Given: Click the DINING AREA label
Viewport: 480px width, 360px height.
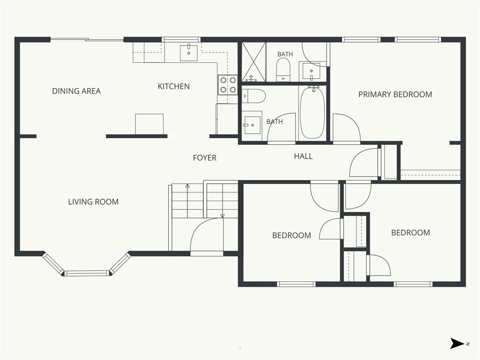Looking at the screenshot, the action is point(76,91).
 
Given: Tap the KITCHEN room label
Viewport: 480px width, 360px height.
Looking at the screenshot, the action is point(173,86).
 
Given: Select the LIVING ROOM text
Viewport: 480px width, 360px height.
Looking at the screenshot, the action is point(93,202).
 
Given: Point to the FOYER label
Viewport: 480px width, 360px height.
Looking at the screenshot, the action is point(204,157).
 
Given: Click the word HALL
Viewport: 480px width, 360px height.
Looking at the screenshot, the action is point(303,156).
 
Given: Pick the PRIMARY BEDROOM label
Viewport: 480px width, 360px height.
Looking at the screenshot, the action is point(395,94).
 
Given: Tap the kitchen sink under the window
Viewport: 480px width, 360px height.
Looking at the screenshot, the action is point(188,53).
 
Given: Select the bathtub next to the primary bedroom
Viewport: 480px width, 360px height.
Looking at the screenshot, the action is point(312,112).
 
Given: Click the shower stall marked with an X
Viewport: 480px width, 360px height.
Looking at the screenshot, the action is point(254,62).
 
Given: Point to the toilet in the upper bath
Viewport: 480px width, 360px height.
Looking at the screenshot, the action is point(283,69).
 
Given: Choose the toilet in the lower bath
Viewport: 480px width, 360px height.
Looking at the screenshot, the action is point(254,96).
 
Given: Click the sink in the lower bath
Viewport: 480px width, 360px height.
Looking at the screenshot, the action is point(252,125).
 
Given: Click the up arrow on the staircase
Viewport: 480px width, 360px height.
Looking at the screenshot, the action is point(187,201).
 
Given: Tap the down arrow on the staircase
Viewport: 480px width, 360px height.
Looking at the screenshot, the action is point(223,201).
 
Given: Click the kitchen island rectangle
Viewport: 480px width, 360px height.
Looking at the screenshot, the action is point(150,124).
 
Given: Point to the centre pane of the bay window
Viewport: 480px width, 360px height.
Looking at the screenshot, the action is point(87,273).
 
